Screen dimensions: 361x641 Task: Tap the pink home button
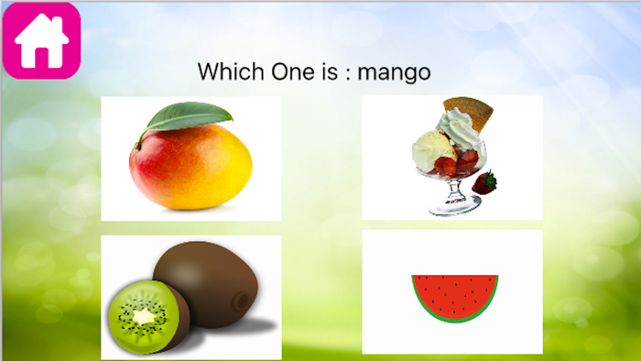[x=42, y=39]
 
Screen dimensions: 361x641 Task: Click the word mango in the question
[x=394, y=71]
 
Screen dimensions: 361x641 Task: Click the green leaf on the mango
[x=192, y=117]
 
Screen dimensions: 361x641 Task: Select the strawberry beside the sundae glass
[x=485, y=182]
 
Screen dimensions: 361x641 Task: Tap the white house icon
[x=42, y=43]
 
